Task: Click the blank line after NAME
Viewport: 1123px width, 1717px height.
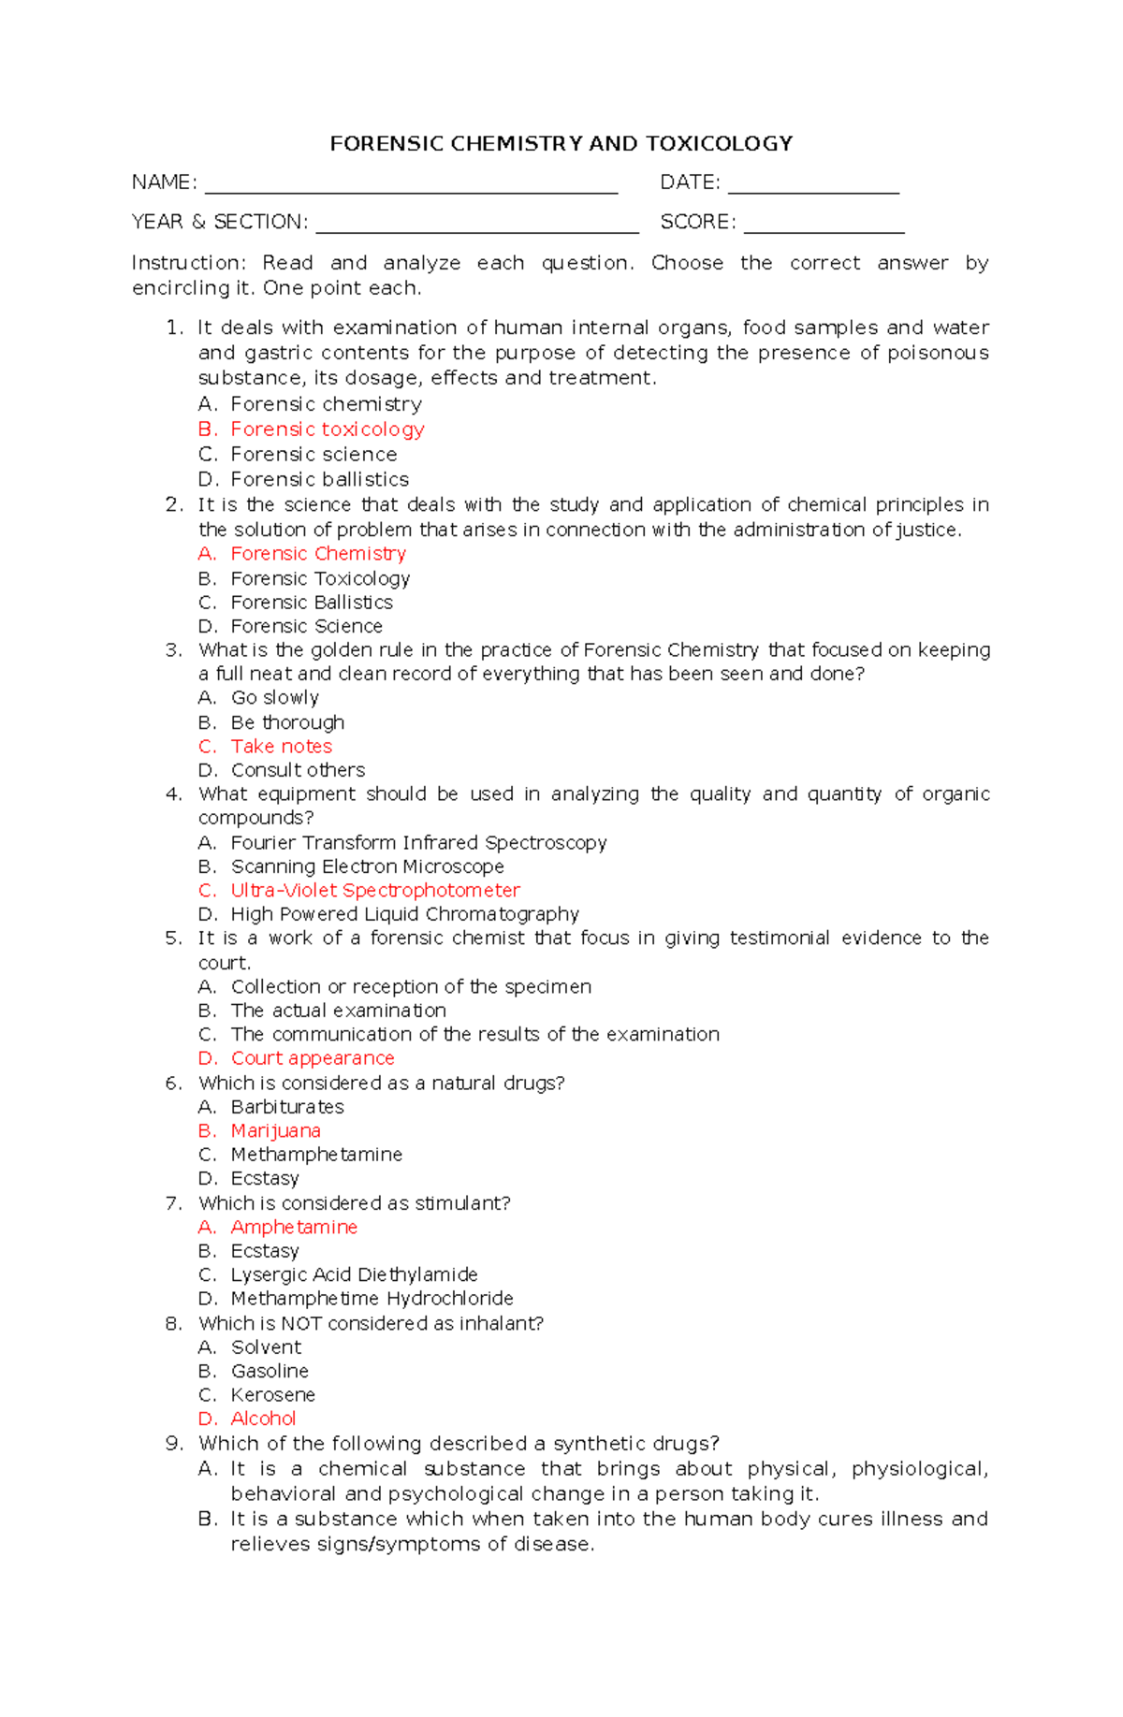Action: (x=411, y=190)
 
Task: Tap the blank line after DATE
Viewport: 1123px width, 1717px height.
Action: (x=813, y=190)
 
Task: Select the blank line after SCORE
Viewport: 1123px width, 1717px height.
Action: (x=824, y=229)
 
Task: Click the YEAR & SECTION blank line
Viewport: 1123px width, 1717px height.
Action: (x=477, y=229)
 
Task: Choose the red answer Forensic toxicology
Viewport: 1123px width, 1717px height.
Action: (x=327, y=429)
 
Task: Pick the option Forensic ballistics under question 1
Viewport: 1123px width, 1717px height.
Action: (x=319, y=480)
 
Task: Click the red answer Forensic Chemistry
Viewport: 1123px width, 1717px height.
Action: (x=318, y=554)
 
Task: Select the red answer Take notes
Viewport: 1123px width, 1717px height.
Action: (x=281, y=747)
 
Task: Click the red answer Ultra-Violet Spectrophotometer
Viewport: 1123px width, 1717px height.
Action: (x=374, y=891)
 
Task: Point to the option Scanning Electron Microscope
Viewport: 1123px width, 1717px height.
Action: (x=367, y=867)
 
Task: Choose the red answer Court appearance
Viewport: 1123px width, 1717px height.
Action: (x=313, y=1058)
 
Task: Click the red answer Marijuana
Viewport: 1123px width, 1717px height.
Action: (x=275, y=1131)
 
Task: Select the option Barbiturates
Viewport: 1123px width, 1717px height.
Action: (x=287, y=1107)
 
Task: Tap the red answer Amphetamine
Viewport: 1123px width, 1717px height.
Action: (x=294, y=1228)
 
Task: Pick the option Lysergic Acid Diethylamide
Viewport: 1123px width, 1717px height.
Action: (x=354, y=1275)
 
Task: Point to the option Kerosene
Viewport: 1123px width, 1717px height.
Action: (x=272, y=1395)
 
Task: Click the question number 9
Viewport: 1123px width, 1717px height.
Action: (x=173, y=1444)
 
